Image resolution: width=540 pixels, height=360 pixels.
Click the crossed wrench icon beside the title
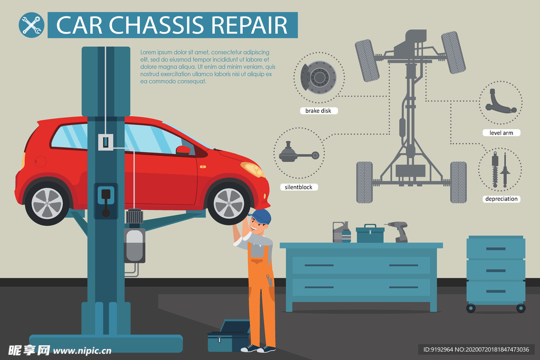pos(31,25)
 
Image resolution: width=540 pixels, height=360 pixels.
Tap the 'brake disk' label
pos(318,111)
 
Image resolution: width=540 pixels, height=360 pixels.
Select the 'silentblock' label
pos(298,187)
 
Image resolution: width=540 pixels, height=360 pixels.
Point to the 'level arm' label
pos(501,133)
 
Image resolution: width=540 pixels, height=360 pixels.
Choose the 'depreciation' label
pos(502,199)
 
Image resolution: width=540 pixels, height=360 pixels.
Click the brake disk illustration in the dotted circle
pos(319,77)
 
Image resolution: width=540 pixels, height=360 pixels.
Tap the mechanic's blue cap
pos(260,216)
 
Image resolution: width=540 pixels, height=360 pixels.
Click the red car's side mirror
pos(183,150)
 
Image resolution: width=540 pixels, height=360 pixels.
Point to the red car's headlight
pos(253,169)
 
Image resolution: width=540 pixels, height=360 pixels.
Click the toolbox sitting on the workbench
pos(370,233)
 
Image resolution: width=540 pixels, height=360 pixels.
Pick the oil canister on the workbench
pos(342,232)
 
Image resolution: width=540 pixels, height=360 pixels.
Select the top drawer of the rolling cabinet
pos(496,248)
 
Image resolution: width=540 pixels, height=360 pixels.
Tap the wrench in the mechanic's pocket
pos(269,280)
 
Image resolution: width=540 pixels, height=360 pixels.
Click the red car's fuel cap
pos(40,161)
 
